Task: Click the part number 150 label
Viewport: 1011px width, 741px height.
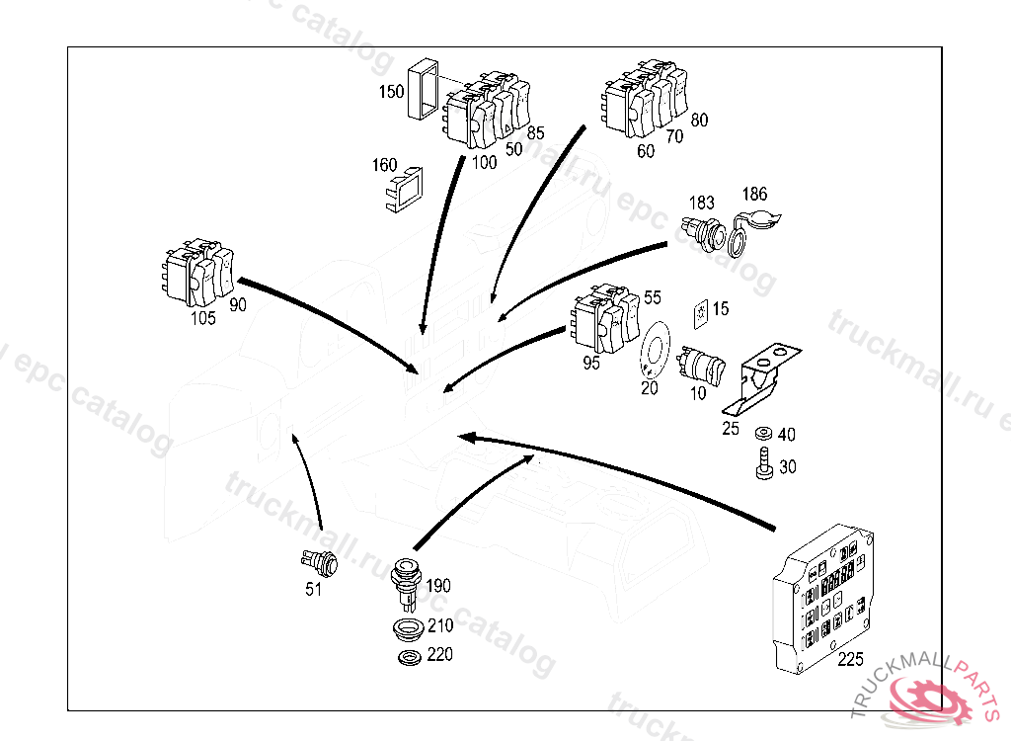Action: coord(392,93)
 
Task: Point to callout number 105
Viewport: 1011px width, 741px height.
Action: coord(203,317)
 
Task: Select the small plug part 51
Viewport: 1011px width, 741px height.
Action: coord(318,563)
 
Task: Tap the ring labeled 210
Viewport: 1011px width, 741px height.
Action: coord(405,628)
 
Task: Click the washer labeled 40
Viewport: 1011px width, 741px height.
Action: coord(762,435)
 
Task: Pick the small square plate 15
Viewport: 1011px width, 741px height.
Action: coord(700,311)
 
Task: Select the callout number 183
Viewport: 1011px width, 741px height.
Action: coord(702,202)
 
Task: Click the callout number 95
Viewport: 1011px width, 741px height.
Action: coord(591,363)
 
